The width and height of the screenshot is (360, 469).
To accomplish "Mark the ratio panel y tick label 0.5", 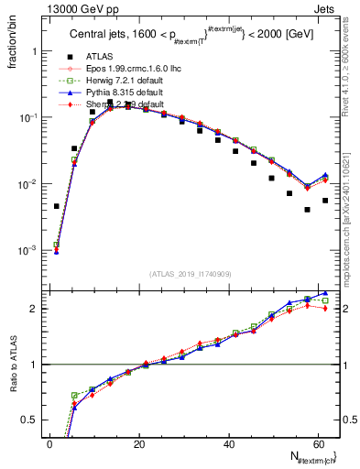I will point(31,420).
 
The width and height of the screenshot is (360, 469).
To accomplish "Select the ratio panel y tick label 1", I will point(35,365).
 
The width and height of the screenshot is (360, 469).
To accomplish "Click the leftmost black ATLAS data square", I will point(56,206).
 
